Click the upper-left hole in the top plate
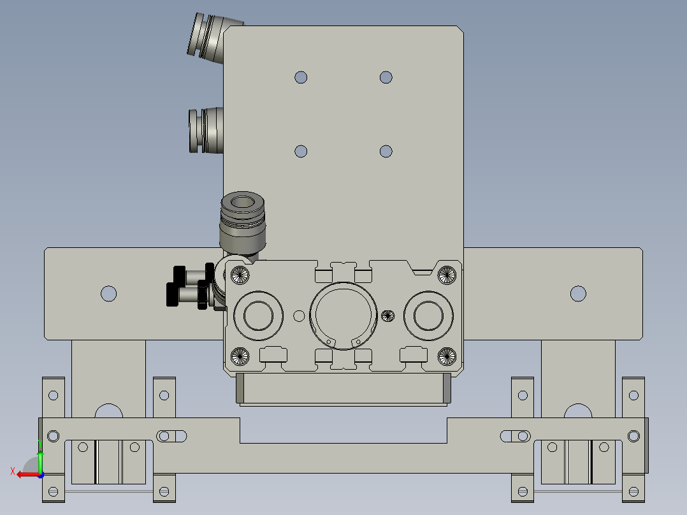[301, 78]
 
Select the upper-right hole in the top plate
[386, 78]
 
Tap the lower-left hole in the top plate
[301, 152]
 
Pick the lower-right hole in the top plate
[386, 152]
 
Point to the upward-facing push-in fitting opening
[242, 204]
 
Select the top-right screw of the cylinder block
[447, 275]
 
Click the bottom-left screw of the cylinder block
[240, 357]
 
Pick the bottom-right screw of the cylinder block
[447, 357]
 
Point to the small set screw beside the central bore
[387, 315]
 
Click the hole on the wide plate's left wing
[108, 294]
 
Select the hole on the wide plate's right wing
[578, 294]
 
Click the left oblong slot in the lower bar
[171, 436]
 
